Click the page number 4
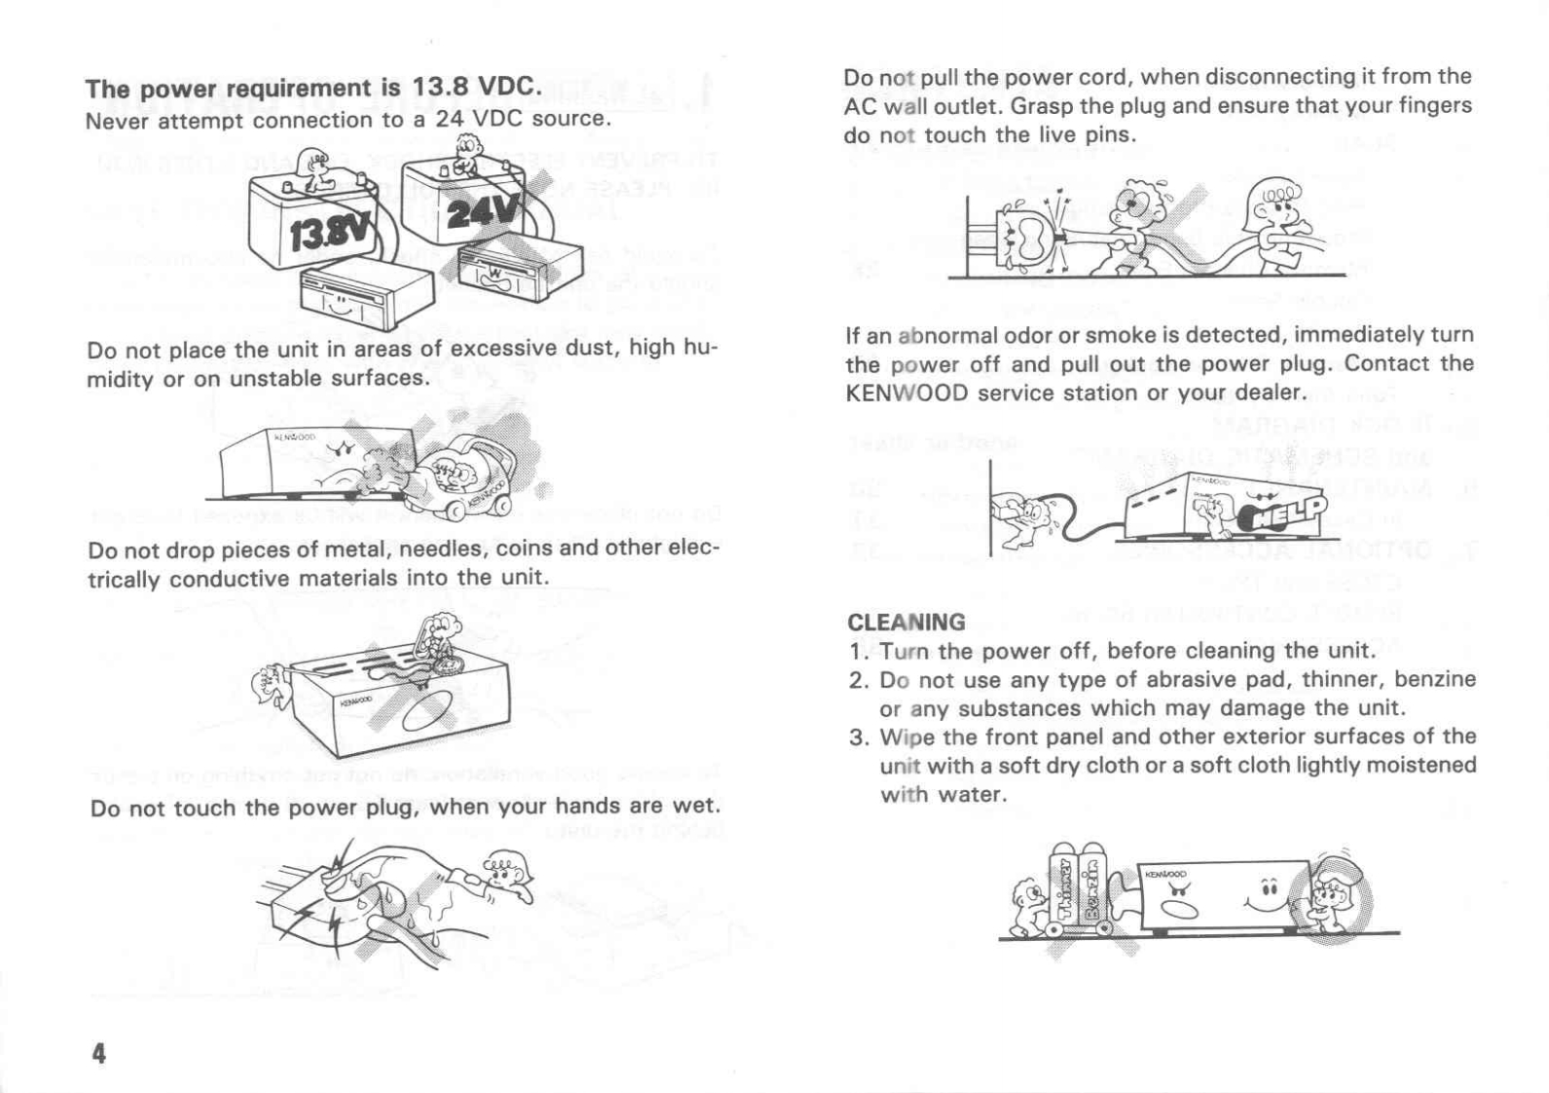(98, 1053)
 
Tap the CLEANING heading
(906, 622)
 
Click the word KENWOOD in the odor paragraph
(906, 394)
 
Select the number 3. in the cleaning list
(858, 737)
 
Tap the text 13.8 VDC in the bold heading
(474, 87)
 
